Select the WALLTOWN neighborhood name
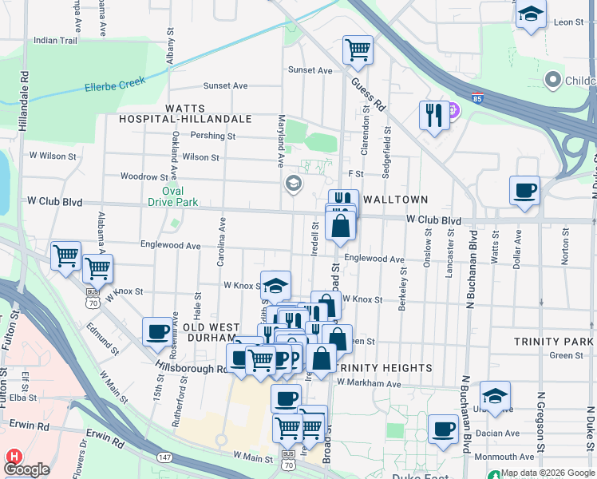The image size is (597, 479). click(x=396, y=199)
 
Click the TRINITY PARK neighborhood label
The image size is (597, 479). click(x=553, y=341)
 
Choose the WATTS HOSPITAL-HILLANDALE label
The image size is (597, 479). click(x=208, y=113)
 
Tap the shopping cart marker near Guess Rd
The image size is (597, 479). click(x=358, y=49)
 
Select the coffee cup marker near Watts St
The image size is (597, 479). click(x=524, y=191)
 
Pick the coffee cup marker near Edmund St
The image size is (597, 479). click(x=157, y=331)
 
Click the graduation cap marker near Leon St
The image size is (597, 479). click(x=531, y=14)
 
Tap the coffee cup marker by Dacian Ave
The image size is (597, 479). click(x=443, y=429)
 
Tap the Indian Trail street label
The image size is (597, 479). click(x=56, y=40)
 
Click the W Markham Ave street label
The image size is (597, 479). click(x=368, y=383)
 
